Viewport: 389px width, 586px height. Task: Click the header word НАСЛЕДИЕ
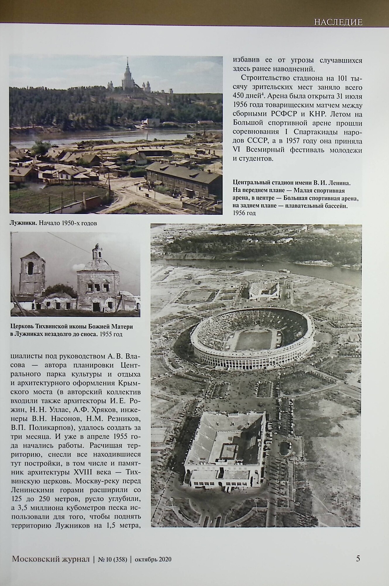[338, 22]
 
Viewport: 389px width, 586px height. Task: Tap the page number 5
[358, 558]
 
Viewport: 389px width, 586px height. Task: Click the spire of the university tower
[128, 63]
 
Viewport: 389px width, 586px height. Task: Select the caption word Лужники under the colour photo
[23, 223]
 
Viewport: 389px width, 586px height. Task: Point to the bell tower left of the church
[32, 272]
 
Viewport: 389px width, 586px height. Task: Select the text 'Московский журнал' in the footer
[51, 559]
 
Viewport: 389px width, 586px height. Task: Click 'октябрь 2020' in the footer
[153, 559]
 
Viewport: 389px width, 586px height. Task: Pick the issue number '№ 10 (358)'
[112, 559]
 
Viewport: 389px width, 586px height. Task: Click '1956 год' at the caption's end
[244, 213]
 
